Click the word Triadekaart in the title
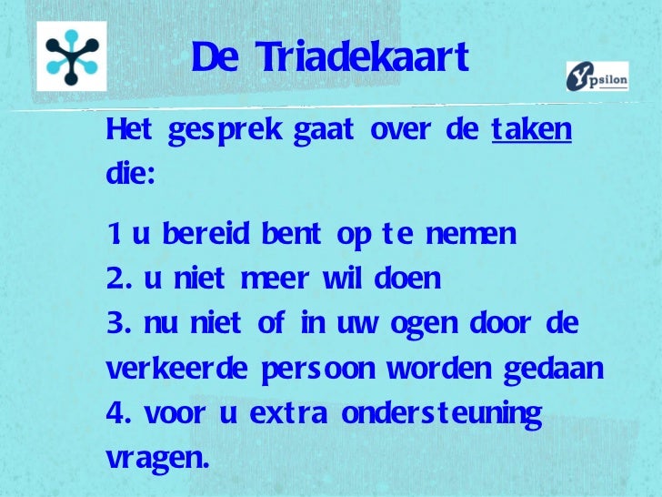pyautogui.click(x=362, y=59)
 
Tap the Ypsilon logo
pyautogui.click(x=597, y=76)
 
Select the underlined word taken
pyautogui.click(x=532, y=131)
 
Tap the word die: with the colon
pyautogui.click(x=130, y=175)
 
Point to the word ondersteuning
pyautogui.click(x=442, y=414)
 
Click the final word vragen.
pyautogui.click(x=156, y=459)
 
